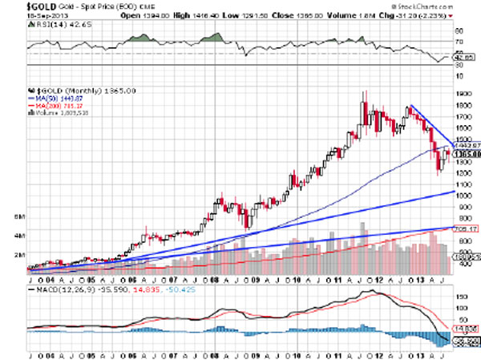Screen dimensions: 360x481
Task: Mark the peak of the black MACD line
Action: coord(375,290)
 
